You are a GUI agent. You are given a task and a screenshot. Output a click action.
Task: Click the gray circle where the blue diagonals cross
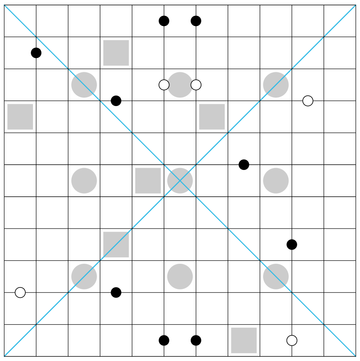coord(180,181)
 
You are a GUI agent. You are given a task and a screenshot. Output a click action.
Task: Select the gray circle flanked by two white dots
coord(180,85)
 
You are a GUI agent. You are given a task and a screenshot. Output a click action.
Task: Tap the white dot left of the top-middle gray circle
coord(164,85)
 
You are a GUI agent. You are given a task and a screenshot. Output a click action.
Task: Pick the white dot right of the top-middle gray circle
coord(196,85)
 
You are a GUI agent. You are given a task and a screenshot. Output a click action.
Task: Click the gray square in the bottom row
coord(244,340)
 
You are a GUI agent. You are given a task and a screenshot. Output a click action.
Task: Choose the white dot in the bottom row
coord(292,340)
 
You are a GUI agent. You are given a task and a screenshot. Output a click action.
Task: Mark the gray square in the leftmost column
coord(20,117)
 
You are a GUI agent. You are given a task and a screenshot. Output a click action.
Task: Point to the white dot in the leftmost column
coord(20,292)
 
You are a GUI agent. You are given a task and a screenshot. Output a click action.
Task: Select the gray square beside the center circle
coord(148,181)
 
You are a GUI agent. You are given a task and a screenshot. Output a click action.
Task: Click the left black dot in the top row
coord(164,21)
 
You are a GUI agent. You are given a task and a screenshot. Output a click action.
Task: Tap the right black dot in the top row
coord(196,21)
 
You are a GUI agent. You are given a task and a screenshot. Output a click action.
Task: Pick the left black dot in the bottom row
coord(164,340)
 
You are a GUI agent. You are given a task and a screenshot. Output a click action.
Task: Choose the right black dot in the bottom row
coord(196,340)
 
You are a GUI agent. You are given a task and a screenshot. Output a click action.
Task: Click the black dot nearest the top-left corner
coord(36,53)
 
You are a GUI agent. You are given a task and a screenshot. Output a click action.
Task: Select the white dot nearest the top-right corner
coord(308,101)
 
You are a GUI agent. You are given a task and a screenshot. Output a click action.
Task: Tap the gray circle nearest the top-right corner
coord(276,85)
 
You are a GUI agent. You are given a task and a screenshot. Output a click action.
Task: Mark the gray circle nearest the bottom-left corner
coord(84,276)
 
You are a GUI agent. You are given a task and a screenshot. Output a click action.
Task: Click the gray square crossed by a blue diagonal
coord(116,245)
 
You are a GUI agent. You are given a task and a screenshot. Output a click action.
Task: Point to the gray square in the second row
coord(116,53)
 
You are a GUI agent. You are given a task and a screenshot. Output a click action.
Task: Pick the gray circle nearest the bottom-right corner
coord(276,276)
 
